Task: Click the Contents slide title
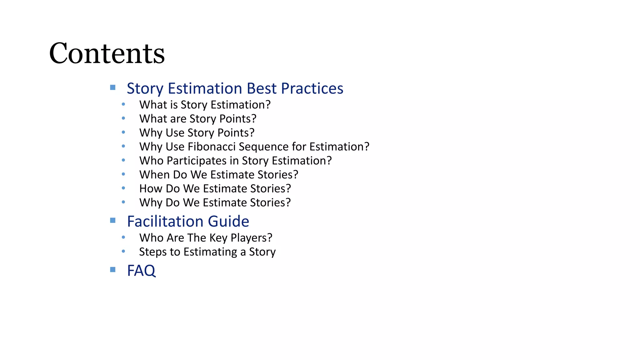pos(107,53)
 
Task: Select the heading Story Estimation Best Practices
pos(235,88)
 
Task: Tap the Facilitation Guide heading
pos(188,222)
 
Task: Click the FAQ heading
pos(141,271)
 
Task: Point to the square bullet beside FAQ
pos(113,269)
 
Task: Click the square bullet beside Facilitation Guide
pos(113,220)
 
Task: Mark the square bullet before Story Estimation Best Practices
pos(113,87)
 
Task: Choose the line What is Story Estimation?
pos(205,105)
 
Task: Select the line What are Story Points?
pos(198,119)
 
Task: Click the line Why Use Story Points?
pos(197,133)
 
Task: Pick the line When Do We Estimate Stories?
pos(219,175)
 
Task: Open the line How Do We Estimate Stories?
pos(215,189)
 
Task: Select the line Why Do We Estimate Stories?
pos(215,203)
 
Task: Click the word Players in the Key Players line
pos(251,238)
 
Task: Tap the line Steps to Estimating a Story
pos(207,252)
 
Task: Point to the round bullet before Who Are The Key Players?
pos(123,237)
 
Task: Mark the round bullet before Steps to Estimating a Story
pos(123,251)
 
